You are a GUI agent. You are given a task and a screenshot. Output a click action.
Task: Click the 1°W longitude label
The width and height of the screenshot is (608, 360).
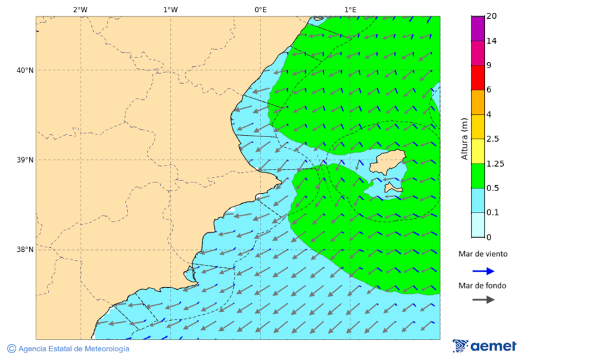(x=170, y=9)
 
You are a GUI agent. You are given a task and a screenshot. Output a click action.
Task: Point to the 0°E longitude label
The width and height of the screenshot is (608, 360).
(x=260, y=9)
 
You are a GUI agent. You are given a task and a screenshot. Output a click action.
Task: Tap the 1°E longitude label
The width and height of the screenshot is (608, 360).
(x=350, y=9)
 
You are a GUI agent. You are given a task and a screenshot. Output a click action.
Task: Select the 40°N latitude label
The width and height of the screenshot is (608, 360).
(x=25, y=70)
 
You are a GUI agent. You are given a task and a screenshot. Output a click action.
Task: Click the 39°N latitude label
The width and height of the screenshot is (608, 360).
(x=25, y=160)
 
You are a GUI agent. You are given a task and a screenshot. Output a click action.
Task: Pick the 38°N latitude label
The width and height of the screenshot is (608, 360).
(x=25, y=250)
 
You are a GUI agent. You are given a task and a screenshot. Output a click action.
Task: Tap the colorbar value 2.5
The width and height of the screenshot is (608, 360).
(x=492, y=139)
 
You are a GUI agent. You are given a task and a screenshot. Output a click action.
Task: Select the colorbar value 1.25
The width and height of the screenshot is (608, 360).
(x=495, y=163)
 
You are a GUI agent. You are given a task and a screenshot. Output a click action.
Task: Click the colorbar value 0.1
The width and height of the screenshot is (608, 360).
(x=492, y=213)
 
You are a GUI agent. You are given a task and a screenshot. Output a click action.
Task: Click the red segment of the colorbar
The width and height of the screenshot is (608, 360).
(x=478, y=78)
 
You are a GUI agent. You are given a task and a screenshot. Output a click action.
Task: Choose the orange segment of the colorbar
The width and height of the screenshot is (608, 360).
(x=478, y=102)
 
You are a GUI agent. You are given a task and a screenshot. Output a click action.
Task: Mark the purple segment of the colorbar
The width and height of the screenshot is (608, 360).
(x=478, y=28)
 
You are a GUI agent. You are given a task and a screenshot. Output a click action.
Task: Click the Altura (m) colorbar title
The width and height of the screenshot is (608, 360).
(x=464, y=138)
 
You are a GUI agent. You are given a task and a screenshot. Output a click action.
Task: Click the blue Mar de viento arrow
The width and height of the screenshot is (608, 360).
(x=483, y=271)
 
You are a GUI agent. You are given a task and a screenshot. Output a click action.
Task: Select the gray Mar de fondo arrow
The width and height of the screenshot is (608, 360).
(x=483, y=300)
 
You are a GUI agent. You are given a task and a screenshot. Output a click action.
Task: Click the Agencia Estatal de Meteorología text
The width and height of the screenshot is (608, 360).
(x=68, y=349)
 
